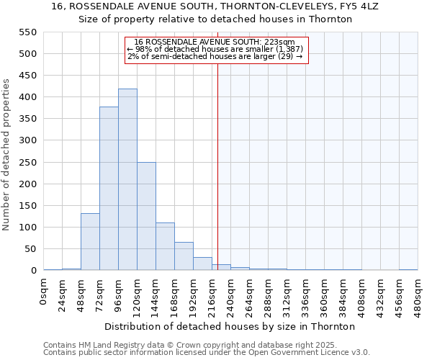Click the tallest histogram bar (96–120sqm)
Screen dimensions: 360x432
click(127, 180)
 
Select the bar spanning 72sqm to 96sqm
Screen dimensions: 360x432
click(109, 189)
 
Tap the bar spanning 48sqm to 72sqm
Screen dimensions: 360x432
click(90, 242)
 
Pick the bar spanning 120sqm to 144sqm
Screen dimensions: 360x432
click(146, 216)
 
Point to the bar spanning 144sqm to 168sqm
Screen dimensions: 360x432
click(165, 247)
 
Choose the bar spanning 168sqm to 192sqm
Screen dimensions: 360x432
click(184, 256)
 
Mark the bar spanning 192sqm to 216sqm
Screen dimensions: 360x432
click(202, 264)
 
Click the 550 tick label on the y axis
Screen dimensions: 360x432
click(27, 32)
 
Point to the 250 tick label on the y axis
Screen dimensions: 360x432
click(27, 163)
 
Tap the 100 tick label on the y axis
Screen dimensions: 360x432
click(27, 228)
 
